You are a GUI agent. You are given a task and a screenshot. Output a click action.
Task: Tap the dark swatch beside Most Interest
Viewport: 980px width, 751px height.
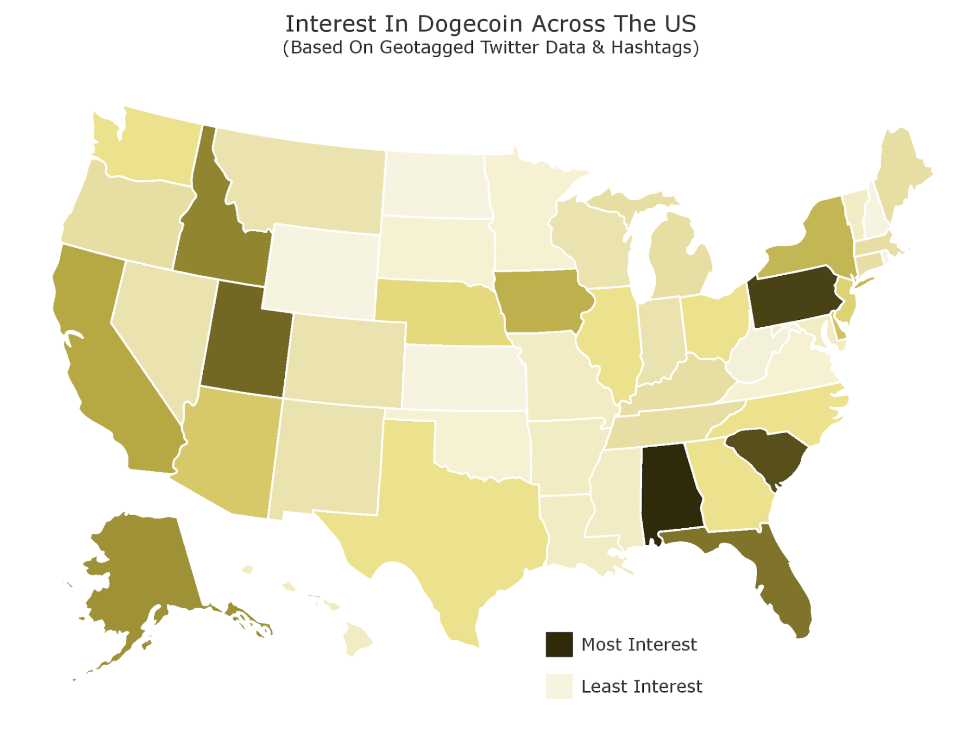point(559,644)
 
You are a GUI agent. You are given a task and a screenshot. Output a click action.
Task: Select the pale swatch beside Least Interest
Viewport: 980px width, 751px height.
point(559,686)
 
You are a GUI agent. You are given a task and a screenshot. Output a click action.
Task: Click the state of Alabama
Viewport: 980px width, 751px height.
point(670,493)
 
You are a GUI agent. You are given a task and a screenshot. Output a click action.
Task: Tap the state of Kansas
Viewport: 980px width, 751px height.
point(462,377)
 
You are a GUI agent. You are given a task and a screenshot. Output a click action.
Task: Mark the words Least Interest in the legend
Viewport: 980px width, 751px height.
point(641,686)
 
